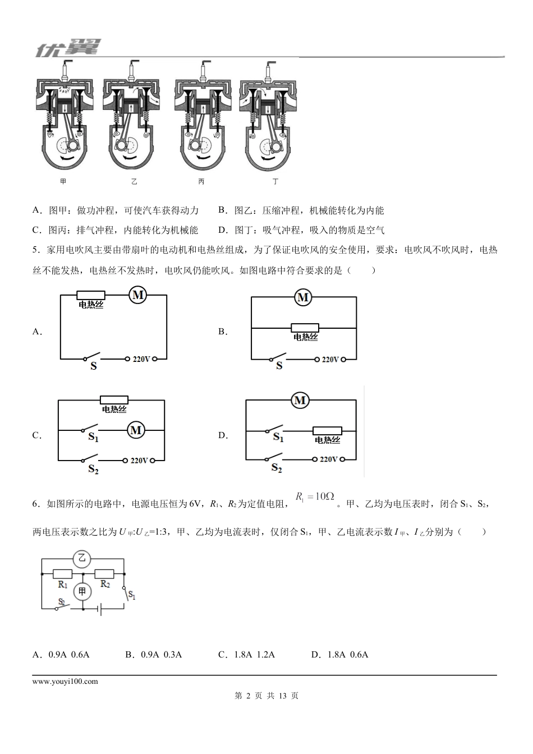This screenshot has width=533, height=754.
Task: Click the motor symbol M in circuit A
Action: coord(137,295)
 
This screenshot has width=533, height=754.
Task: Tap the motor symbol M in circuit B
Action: coord(303,297)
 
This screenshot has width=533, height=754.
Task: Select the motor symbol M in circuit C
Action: coord(136,430)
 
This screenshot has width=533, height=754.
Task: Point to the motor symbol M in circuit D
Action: coord(300,401)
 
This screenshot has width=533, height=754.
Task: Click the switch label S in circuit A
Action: coord(94,366)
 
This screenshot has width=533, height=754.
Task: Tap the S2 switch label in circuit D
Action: coord(276,467)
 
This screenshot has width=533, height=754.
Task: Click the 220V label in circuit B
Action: coord(329,360)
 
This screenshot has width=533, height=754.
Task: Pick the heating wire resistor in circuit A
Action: coord(91,295)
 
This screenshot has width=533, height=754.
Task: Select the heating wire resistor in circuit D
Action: coord(327,431)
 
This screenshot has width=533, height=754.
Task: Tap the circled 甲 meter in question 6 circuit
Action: coord(82,591)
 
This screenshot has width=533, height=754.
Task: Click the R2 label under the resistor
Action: coord(105,584)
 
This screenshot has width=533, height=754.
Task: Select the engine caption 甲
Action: coord(63,182)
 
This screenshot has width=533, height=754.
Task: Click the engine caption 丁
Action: coord(275,182)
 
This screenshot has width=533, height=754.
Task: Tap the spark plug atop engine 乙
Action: coord(135,70)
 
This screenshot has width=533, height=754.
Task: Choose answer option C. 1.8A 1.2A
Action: coord(246,655)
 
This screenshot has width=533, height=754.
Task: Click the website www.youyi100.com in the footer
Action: coord(65,682)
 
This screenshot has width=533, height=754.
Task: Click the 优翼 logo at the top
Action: coord(66,48)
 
